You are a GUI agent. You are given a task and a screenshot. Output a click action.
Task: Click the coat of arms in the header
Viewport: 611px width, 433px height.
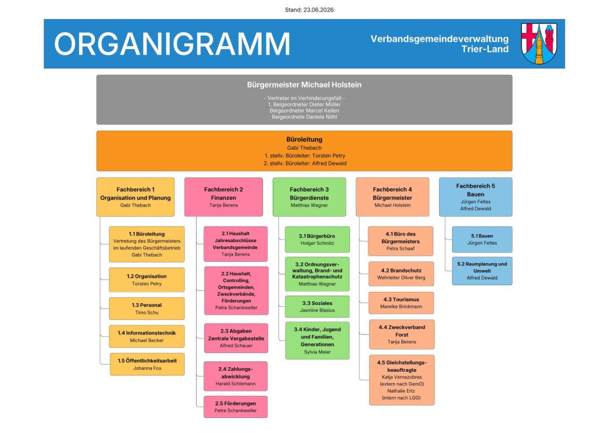coord(539,44)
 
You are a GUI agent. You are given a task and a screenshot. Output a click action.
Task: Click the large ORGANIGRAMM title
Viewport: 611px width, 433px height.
coord(172,44)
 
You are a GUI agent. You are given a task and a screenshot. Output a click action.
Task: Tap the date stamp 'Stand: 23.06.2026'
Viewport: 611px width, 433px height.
coord(309,10)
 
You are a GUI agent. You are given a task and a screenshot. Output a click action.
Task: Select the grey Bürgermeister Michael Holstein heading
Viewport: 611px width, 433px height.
coord(304,85)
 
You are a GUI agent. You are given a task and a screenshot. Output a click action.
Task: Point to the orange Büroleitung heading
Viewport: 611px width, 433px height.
coord(304,139)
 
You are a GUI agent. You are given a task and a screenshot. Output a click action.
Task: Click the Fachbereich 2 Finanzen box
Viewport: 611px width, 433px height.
coord(224,197)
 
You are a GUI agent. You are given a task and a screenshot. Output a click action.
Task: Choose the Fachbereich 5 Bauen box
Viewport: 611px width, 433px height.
coord(475,197)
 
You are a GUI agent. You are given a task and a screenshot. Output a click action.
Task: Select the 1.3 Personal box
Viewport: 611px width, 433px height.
coord(147,309)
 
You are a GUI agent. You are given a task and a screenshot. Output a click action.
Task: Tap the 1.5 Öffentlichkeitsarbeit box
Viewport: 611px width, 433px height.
coord(147,365)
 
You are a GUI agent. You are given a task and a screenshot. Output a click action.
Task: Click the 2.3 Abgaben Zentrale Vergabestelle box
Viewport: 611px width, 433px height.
coord(236,338)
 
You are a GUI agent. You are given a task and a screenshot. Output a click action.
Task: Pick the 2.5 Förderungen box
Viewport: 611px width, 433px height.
coord(236,407)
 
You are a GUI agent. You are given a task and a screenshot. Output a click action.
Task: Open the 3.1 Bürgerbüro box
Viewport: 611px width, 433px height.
coord(317,240)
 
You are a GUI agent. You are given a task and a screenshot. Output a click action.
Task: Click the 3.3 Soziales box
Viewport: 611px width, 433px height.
coord(317,306)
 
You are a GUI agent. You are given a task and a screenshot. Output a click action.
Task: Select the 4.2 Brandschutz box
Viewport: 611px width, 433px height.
coord(401,274)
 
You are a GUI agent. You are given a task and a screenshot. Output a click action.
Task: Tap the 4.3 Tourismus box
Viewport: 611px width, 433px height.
coord(401,303)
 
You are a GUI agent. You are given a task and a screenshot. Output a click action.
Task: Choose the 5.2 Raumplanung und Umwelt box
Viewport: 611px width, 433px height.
coord(482,271)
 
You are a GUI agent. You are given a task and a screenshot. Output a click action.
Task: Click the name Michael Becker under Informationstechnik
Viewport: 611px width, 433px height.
coord(147,340)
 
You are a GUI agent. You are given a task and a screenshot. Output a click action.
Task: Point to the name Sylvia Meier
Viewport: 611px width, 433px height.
coord(317,352)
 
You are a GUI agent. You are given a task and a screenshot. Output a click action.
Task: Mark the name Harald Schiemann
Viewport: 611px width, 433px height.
coord(236,383)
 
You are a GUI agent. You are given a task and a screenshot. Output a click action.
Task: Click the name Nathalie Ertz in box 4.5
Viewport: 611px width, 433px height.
coord(401,391)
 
